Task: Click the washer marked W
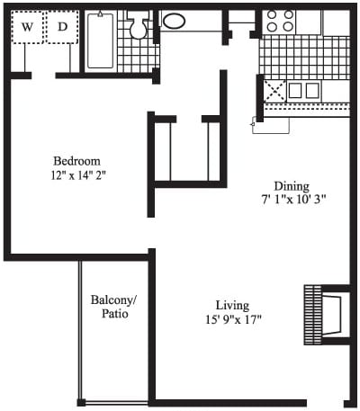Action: coord(27,27)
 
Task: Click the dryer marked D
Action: coord(63,27)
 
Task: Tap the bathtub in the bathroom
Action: coord(101,40)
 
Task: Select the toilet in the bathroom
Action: coord(138,25)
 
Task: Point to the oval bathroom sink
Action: coord(174,21)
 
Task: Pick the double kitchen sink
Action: coord(303,91)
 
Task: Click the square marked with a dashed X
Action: coord(274,91)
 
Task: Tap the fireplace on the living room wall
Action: coord(327,315)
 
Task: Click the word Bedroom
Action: coord(77,161)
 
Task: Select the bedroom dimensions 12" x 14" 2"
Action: coord(79,175)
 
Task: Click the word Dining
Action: coord(292,186)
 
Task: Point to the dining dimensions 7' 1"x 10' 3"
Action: coord(293,200)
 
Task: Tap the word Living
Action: coord(233,306)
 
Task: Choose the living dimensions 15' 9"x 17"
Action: coord(234,319)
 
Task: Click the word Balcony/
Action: coord(113,300)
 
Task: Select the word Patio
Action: coord(115,314)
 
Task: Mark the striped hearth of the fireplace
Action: coord(313,315)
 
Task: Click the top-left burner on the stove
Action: coord(272,14)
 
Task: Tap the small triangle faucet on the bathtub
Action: coord(100,13)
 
